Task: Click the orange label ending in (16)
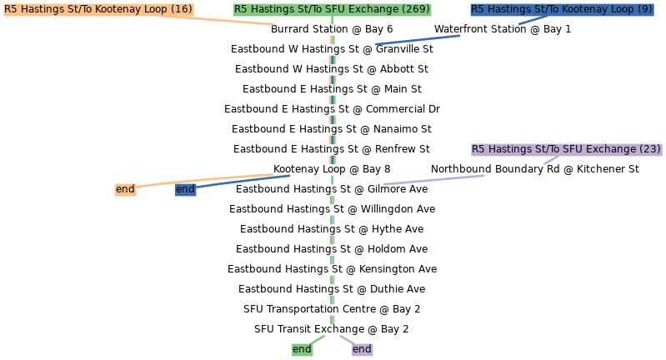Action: tap(98, 9)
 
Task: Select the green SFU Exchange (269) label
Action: tap(332, 9)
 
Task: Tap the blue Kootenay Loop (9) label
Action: tap(562, 9)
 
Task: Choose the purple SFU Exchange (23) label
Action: tap(567, 149)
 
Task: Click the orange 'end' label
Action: tap(125, 189)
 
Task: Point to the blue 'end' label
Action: tap(185, 189)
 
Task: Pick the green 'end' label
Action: tap(302, 349)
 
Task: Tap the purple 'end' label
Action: tap(362, 349)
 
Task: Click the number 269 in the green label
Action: tap(415, 9)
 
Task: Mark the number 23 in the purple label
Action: tap(649, 149)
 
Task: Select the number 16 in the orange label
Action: tap(181, 9)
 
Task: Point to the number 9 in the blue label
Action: tap(646, 9)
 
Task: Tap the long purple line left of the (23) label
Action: tap(433, 180)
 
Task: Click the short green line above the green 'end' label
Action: tap(316, 339)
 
